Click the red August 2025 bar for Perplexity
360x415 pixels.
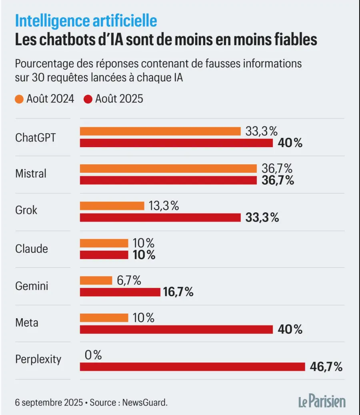click(x=192, y=367)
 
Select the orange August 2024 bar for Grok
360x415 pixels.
click(x=112, y=206)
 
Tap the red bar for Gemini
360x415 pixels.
click(x=120, y=292)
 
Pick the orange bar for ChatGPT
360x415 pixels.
click(x=160, y=131)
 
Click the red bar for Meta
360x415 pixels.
click(x=176, y=329)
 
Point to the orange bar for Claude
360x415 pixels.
click(x=104, y=243)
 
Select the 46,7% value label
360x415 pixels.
click(x=326, y=367)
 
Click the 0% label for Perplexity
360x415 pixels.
click(x=93, y=355)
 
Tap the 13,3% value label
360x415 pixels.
click(x=164, y=206)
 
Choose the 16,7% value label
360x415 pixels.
click(x=178, y=292)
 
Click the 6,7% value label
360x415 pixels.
click(x=129, y=281)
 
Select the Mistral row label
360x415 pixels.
click(x=31, y=174)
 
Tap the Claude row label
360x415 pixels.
click(x=32, y=249)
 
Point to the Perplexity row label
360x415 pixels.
click(x=38, y=359)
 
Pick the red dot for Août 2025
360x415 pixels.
click(x=88, y=99)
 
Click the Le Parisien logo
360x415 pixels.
click(x=322, y=401)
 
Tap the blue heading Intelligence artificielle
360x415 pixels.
click(x=86, y=20)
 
